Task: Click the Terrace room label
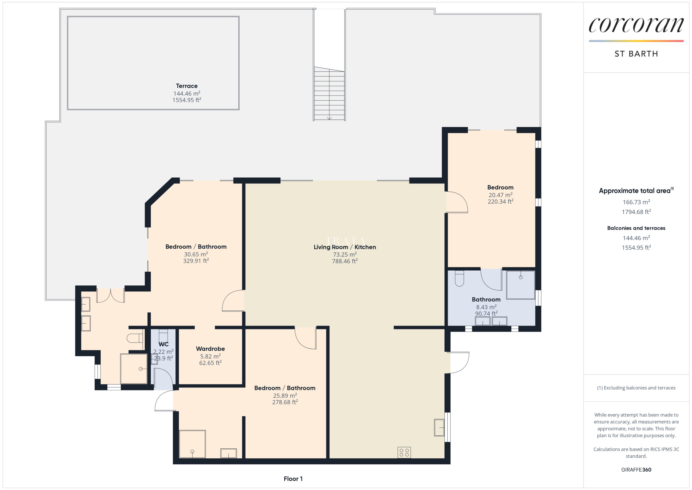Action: pos(187,86)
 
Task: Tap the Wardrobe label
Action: pos(210,349)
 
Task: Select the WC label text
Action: pos(163,344)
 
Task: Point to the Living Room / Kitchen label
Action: pos(345,247)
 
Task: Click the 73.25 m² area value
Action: pos(345,254)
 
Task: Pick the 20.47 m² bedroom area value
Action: pos(500,195)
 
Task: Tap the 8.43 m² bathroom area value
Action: pos(486,307)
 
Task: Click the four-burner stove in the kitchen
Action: pos(404,452)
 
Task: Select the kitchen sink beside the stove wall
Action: pos(439,427)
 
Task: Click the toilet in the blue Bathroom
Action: pos(459,278)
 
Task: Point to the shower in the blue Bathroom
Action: pos(521,285)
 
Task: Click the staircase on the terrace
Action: pos(329,94)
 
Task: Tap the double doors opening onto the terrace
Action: pos(110,295)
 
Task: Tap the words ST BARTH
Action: pos(636,54)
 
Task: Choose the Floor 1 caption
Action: pos(293,479)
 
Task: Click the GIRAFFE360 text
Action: pos(636,469)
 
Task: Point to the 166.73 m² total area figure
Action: pos(636,202)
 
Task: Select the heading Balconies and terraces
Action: pos(636,228)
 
